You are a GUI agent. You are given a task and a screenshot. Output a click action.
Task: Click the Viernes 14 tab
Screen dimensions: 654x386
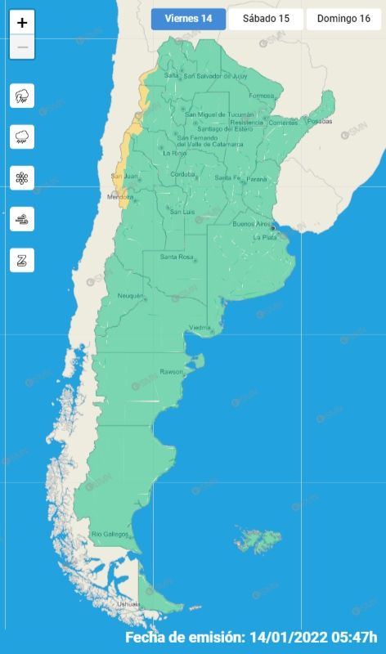(x=188, y=19)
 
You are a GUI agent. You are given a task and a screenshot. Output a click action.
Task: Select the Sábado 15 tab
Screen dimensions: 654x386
(x=265, y=19)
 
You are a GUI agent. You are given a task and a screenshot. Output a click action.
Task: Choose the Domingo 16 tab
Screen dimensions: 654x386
(x=343, y=19)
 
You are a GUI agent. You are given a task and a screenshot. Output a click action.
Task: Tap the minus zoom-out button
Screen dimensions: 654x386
(x=22, y=47)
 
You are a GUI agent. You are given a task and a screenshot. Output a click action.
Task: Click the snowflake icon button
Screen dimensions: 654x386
(x=22, y=178)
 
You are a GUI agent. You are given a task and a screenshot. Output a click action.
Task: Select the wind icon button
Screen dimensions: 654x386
(x=22, y=219)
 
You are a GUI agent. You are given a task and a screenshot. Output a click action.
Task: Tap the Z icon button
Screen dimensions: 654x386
(x=22, y=260)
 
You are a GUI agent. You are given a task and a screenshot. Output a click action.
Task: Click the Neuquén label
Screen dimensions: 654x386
(x=131, y=295)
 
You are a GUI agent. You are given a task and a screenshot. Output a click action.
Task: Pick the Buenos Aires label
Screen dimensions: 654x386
(x=252, y=223)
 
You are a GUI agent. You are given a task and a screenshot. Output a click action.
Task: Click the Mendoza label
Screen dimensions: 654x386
(x=120, y=197)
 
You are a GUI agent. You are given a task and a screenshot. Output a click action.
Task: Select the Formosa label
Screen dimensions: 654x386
(x=262, y=96)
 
